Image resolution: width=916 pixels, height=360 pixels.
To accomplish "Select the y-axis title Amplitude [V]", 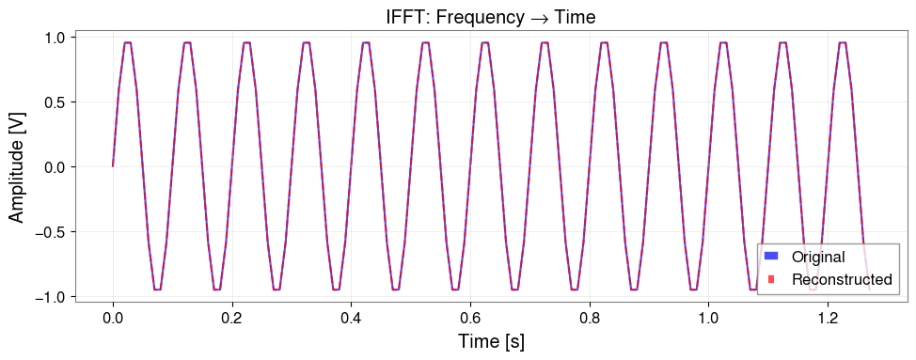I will (x=17, y=166).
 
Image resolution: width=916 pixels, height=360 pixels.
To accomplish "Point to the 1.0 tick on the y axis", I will (x=55, y=38).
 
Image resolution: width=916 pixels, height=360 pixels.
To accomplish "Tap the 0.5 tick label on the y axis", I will (x=55, y=102).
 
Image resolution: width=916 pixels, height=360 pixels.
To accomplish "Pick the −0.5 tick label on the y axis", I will (x=51, y=232).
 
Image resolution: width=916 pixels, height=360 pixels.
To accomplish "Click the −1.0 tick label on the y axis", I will (x=51, y=297).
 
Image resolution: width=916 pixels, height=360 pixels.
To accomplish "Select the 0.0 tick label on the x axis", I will (x=113, y=319).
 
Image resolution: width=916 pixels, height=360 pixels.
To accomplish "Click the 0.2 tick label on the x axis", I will (x=232, y=319).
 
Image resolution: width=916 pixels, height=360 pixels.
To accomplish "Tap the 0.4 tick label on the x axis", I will (x=351, y=319).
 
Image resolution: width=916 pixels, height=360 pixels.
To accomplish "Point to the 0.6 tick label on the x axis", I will (x=470, y=319).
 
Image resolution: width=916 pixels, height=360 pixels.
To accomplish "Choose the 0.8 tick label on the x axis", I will (x=590, y=319).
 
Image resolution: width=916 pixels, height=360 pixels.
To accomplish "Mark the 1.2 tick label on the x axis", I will (x=828, y=319).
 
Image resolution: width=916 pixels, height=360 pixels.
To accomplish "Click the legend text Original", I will (x=817, y=257).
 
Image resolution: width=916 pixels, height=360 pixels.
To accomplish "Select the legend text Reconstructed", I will (x=841, y=279).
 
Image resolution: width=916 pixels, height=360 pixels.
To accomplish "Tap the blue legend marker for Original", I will (x=771, y=257).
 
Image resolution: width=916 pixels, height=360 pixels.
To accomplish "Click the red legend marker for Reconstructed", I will (x=771, y=279).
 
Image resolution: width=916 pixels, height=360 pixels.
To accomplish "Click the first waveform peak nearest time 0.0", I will (x=128, y=42).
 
